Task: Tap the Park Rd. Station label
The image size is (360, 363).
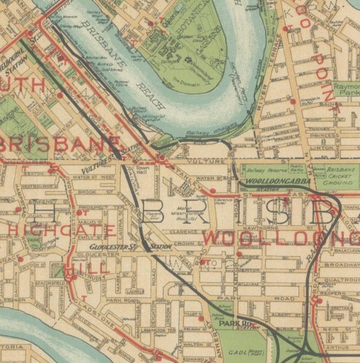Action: click(x=232, y=324)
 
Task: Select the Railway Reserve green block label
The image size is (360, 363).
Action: click(x=265, y=171)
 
